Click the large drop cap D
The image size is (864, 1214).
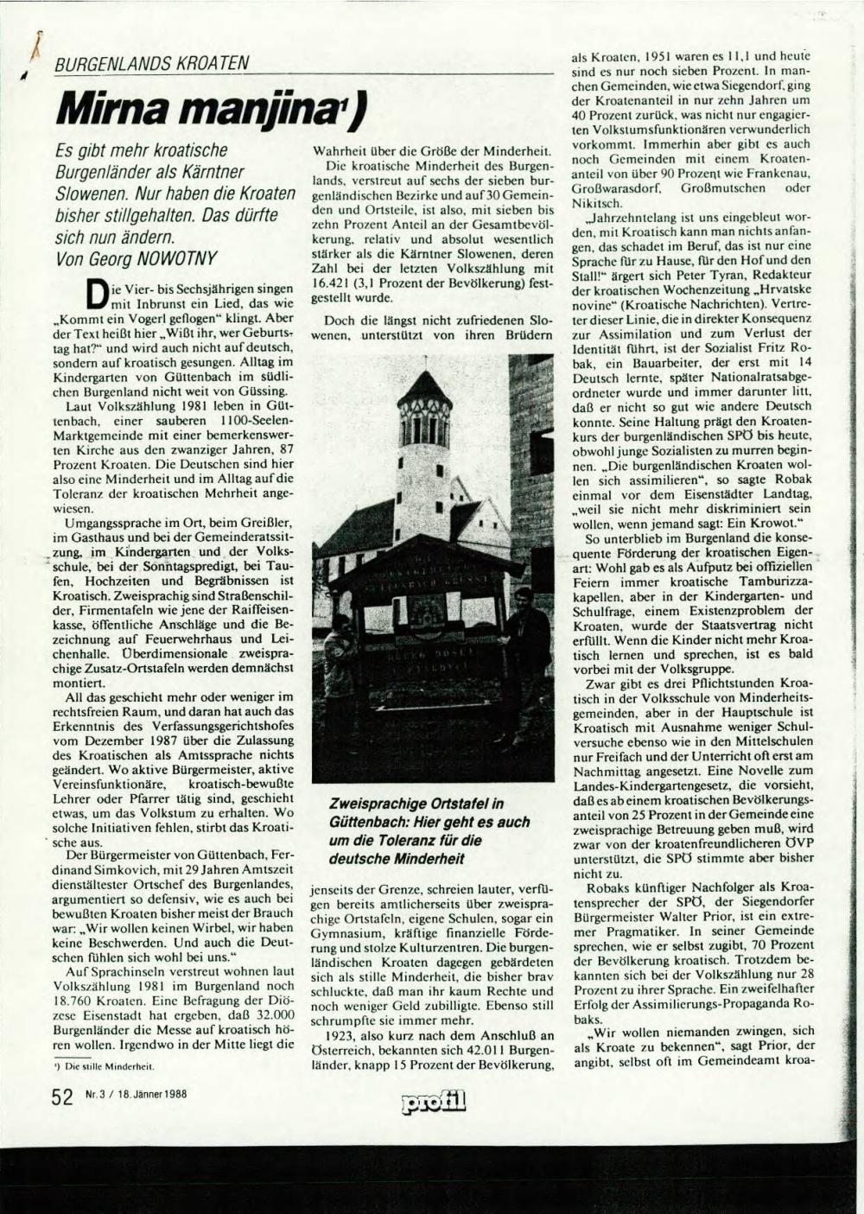100,294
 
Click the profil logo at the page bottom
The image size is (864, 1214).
434,1100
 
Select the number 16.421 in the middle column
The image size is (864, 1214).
330,283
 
